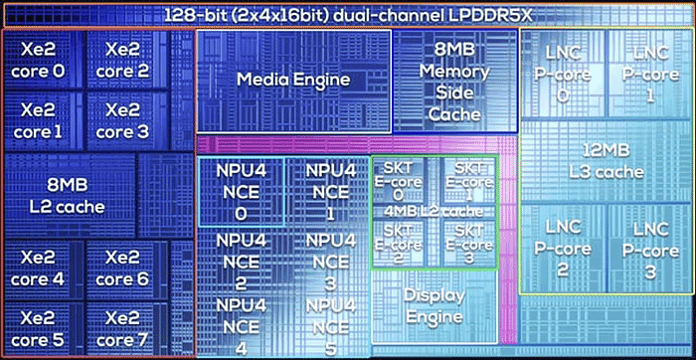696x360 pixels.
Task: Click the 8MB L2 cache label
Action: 68,196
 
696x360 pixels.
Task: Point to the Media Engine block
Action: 293,81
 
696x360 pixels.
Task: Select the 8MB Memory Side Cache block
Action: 455,81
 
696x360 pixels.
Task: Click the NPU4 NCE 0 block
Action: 241,191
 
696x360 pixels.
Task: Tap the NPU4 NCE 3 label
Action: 330,263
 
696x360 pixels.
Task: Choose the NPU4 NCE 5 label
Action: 330,327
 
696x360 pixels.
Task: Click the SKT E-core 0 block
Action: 399,181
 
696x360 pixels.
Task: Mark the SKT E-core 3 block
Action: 468,243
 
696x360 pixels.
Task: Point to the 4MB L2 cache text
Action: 434,212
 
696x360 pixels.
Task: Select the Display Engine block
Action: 435,306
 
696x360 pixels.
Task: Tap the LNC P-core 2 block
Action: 563,250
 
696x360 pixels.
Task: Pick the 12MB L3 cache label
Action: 607,161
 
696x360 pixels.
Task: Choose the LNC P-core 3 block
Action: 650,250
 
